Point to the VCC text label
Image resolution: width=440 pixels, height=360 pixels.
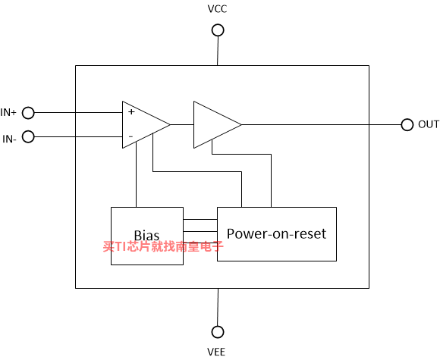click(x=217, y=9)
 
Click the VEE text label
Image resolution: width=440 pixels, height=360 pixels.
click(x=216, y=352)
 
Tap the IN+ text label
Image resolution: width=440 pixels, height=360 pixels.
click(x=8, y=112)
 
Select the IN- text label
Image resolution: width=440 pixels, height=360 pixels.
click(x=10, y=139)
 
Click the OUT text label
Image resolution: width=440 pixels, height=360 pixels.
click(x=429, y=124)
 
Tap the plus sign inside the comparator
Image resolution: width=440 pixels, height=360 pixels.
click(x=131, y=111)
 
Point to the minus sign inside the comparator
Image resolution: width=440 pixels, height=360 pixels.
click(x=130, y=136)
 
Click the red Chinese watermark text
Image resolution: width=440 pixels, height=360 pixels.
click(x=163, y=246)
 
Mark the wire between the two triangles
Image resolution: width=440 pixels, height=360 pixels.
click(x=182, y=125)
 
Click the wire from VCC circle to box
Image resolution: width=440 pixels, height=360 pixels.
click(x=218, y=51)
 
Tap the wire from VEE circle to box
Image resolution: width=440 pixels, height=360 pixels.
click(x=218, y=307)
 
